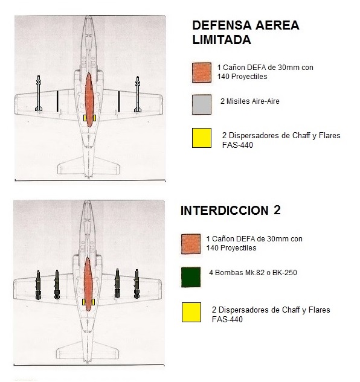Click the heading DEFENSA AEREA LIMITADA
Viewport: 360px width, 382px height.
tap(245, 33)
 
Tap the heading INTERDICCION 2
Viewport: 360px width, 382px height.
tap(231, 211)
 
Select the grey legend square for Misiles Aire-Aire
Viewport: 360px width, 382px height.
tap(201, 104)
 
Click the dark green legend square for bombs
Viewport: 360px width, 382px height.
tap(191, 276)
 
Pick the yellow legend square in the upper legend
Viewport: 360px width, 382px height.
tap(201, 138)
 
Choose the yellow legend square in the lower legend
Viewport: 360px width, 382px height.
tap(191, 312)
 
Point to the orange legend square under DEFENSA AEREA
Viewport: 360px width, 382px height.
tap(201, 71)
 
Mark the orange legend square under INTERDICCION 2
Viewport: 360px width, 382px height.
tap(191, 243)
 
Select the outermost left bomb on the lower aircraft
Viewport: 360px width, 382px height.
tap(39, 285)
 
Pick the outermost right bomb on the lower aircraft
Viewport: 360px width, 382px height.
tap(137, 285)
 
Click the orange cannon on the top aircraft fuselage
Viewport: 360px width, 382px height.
tap(89, 100)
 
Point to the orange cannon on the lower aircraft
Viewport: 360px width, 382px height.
tap(89, 284)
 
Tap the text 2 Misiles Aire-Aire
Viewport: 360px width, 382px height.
tap(245, 101)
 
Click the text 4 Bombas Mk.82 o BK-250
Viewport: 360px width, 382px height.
tap(252, 273)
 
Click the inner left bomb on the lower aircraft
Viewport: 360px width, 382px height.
tap(57, 285)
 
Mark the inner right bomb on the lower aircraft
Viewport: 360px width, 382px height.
tap(118, 285)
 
